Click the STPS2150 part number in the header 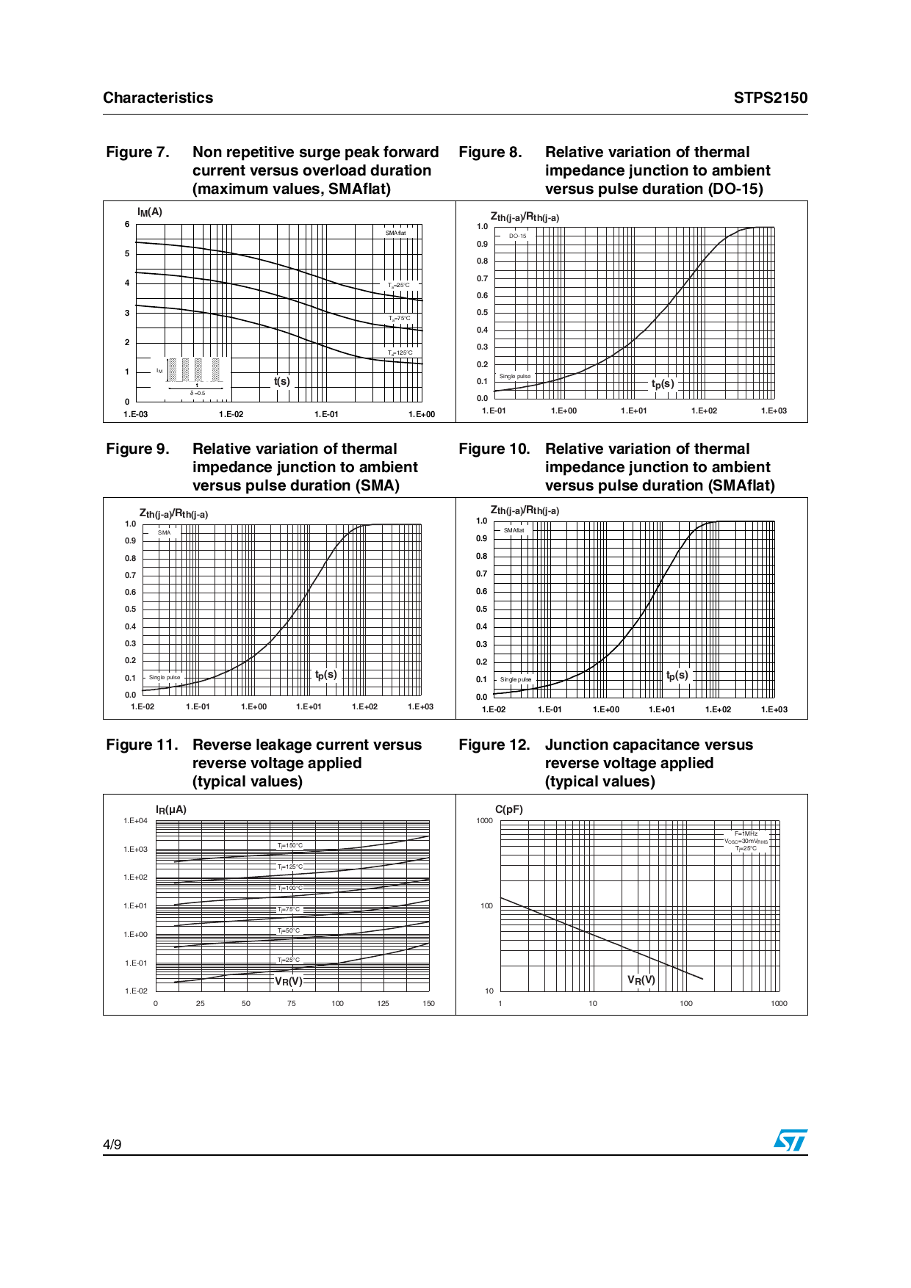point(770,98)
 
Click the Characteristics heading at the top point(158,98)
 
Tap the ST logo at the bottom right point(791,1140)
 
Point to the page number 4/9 point(112,1144)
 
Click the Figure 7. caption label point(137,152)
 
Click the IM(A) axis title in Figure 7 point(150,212)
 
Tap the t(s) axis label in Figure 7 point(282,381)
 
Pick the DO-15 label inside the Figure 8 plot point(518,236)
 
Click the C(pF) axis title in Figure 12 point(509,809)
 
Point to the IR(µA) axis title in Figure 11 point(171,809)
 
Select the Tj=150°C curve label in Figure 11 point(290,845)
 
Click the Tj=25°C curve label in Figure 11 point(289,960)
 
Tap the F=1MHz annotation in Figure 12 point(746,833)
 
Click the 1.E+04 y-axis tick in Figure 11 point(136,821)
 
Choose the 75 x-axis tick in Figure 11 point(292,1003)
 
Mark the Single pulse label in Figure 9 point(165,677)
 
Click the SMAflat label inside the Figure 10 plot point(514,530)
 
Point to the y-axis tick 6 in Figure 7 point(127,225)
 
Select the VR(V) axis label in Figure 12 point(641,980)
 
